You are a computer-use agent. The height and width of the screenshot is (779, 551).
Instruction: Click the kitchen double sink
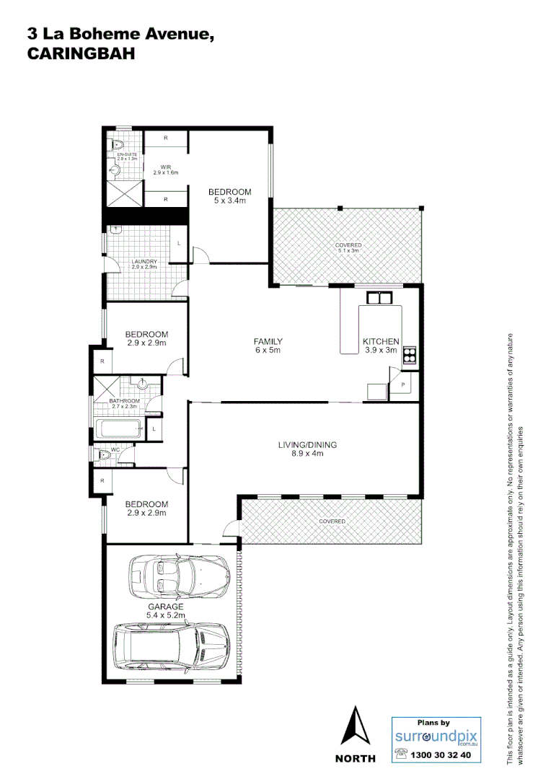(379, 297)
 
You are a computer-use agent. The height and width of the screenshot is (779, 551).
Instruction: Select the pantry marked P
(402, 385)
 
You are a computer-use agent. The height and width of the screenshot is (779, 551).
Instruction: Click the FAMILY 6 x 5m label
(267, 346)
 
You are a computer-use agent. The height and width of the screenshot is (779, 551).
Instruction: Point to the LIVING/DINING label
(307, 449)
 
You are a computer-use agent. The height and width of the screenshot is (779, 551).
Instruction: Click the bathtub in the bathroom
(118, 431)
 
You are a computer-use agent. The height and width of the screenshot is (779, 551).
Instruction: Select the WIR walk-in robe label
(165, 170)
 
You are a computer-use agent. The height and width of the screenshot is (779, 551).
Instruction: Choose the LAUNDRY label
(144, 264)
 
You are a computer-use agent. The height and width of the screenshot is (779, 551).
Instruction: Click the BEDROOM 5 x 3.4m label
(229, 195)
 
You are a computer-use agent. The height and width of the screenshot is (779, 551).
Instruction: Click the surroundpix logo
(436, 736)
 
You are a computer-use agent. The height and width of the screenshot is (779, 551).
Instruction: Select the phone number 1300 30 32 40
(440, 755)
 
